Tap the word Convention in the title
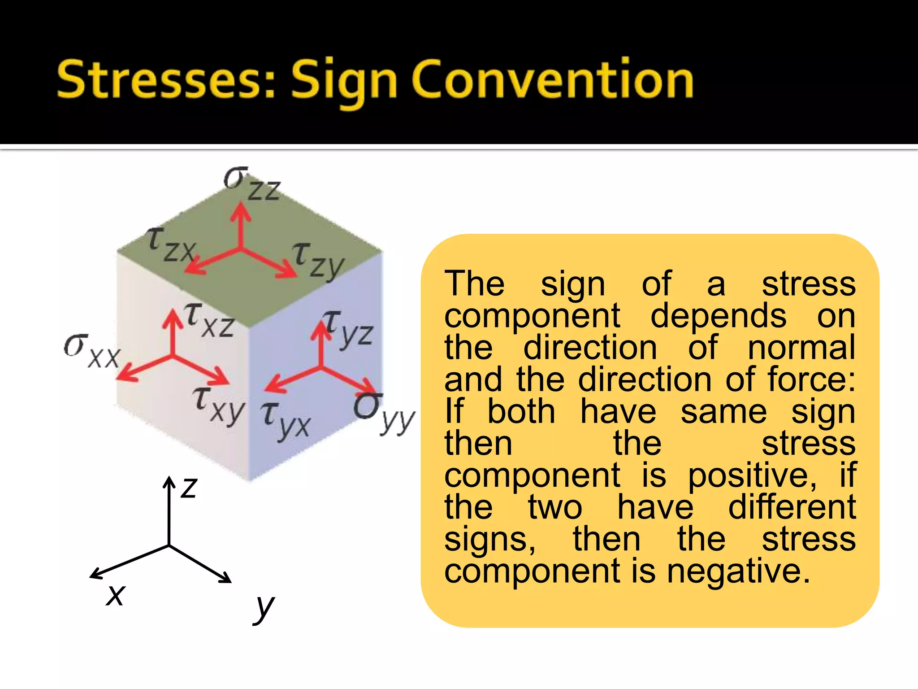553,80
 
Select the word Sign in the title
344,82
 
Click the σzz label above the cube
252,183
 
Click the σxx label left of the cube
92,352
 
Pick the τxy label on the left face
219,404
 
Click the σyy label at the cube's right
384,412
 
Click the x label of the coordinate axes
115,595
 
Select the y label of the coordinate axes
264,607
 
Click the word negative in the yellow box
739,571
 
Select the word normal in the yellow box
801,348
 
